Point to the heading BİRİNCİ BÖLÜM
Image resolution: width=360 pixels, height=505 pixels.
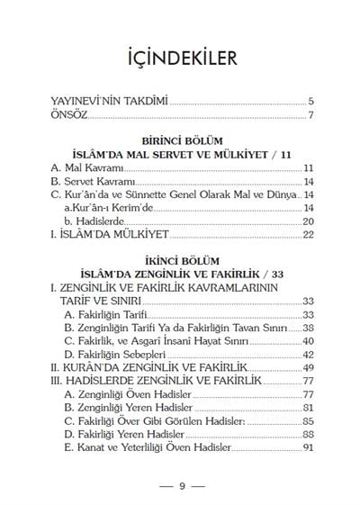(x=179, y=142)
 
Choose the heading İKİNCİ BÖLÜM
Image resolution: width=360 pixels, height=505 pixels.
(x=179, y=265)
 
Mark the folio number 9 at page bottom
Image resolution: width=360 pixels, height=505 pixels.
(x=180, y=486)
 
